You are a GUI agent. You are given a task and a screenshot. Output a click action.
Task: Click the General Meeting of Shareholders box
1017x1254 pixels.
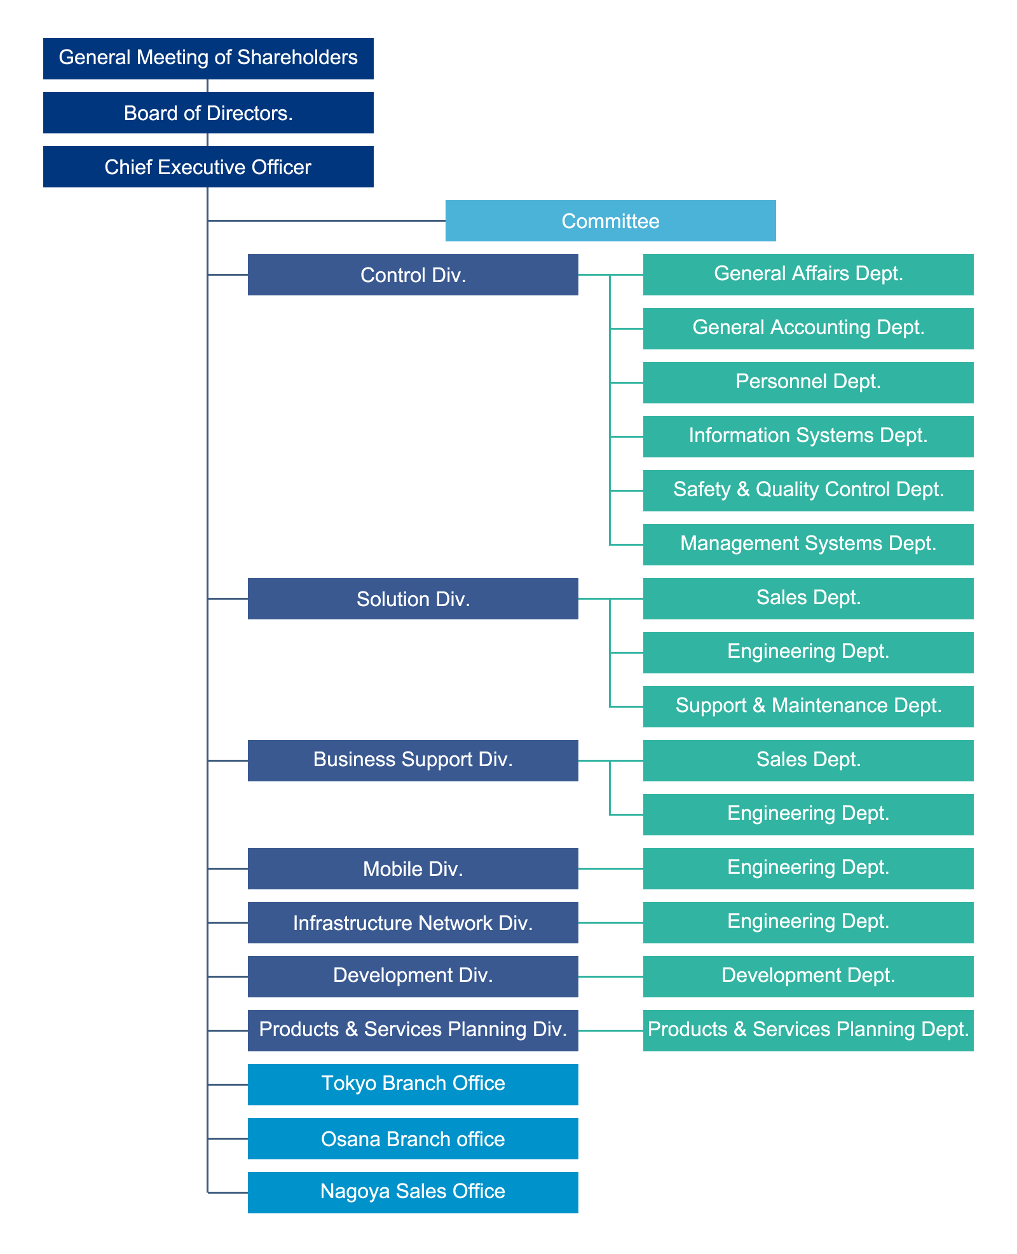point(208,58)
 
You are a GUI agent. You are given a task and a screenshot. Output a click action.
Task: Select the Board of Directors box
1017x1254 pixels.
point(208,112)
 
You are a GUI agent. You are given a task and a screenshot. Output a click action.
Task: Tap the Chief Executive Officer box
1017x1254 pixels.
point(208,166)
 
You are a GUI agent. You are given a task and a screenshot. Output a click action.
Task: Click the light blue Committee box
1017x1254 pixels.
point(611,220)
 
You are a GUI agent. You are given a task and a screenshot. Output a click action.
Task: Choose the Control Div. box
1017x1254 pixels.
point(413,274)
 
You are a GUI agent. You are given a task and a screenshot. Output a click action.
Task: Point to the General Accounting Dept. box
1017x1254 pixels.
point(809,328)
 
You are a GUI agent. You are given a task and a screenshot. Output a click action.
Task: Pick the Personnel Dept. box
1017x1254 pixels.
point(809,382)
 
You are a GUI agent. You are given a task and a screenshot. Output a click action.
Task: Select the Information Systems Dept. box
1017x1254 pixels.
point(809,436)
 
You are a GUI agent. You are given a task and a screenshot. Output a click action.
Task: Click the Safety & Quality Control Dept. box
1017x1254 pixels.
point(809,490)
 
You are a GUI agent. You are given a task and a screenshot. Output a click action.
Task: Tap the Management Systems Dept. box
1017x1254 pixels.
point(809,544)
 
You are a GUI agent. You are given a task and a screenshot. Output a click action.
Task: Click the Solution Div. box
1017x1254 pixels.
point(413,598)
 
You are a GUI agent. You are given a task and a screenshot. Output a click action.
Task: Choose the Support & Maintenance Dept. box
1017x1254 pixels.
point(809,706)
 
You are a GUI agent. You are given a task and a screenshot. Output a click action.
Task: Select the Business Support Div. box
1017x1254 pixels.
point(413,760)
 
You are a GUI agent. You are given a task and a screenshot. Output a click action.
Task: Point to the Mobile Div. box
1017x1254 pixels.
point(413,868)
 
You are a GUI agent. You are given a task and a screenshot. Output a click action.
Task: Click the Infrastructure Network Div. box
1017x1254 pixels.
point(413,922)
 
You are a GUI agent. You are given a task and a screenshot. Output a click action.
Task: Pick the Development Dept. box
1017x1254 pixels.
point(809,976)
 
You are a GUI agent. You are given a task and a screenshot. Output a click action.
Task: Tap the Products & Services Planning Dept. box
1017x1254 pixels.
point(809,1030)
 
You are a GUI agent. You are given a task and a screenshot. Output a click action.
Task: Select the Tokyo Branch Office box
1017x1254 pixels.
point(413,1084)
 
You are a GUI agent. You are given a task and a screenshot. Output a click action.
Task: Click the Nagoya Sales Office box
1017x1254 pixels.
point(413,1192)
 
